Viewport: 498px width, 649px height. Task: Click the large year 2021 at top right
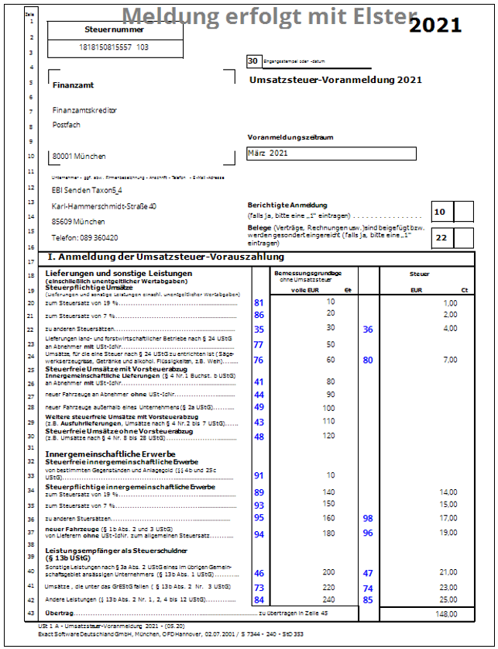point(434,25)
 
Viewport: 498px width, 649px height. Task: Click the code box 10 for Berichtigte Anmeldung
point(440,212)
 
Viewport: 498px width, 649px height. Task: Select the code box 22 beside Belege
point(440,238)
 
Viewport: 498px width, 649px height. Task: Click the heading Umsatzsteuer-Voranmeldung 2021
point(335,79)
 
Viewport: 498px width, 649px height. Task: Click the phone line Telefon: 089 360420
point(84,238)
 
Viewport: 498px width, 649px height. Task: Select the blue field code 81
point(259,302)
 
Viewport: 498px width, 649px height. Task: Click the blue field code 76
point(259,360)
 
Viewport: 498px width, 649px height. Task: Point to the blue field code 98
point(368,518)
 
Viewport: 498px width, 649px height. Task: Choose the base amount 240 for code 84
point(329,599)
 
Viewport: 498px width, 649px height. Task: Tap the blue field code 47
point(368,573)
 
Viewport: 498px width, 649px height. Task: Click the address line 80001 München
point(78,156)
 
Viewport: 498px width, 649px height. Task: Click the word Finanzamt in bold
point(67,85)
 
